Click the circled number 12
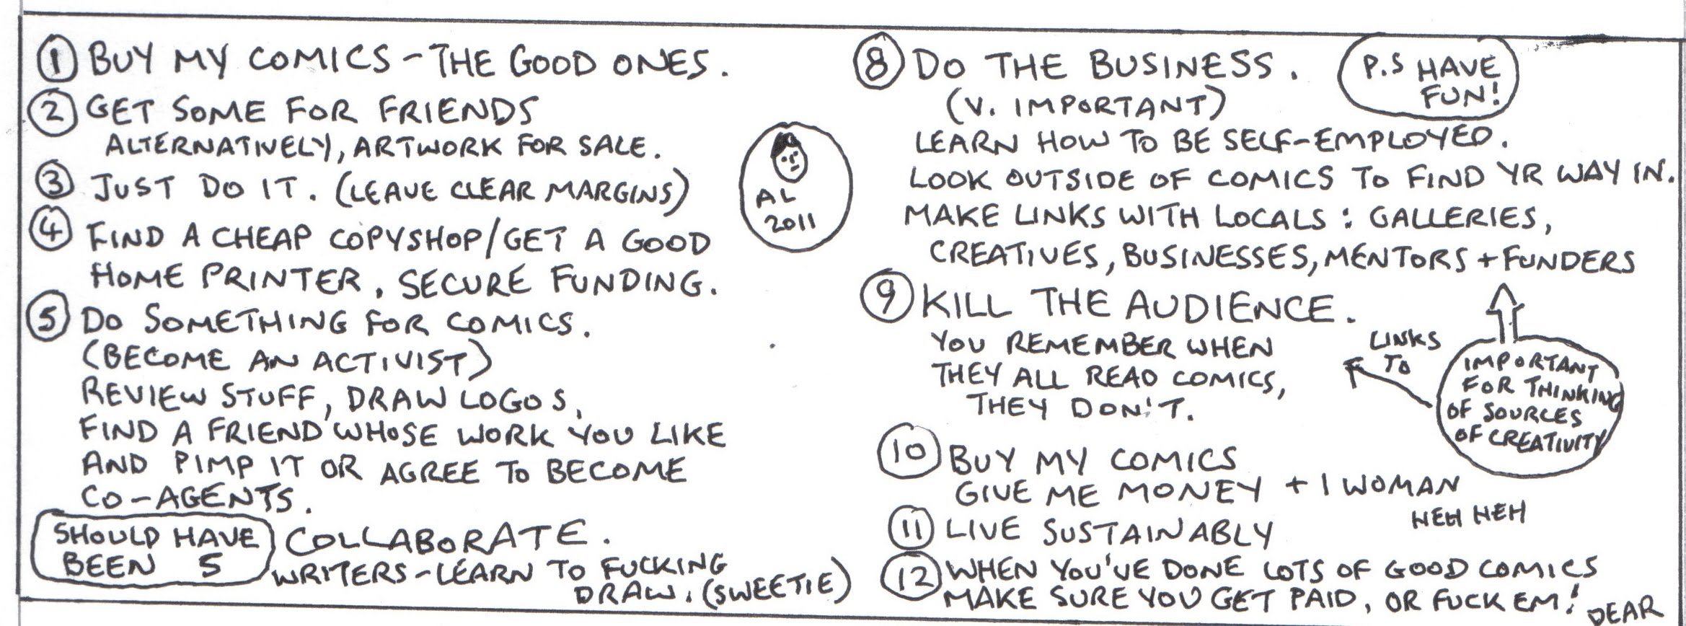pyautogui.click(x=911, y=581)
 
